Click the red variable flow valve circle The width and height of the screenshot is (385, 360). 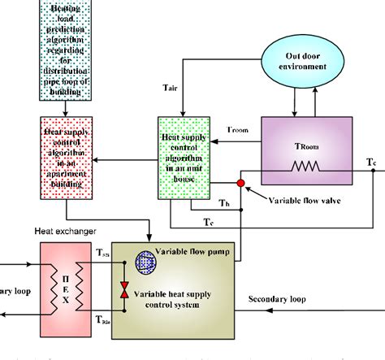[x=241, y=184]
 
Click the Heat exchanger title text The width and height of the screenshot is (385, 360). [x=58, y=231]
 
